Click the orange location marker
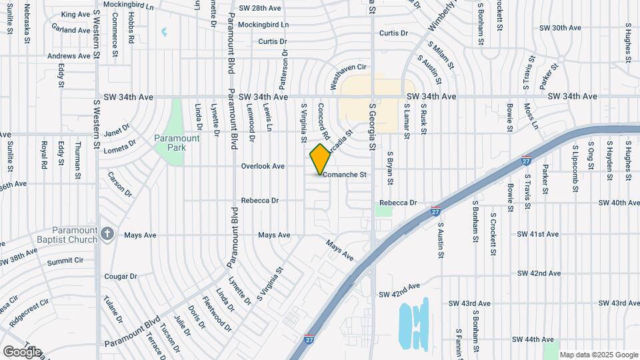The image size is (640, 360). coord(320,159)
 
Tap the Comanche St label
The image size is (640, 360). coord(345,175)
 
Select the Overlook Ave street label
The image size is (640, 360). coord(263,166)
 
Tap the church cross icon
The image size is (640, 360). coord(110,235)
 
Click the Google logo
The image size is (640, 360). coord(21,352)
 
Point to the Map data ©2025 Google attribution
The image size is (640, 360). coord(598,355)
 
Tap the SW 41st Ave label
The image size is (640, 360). coord(538,235)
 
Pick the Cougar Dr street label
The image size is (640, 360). coord(120,276)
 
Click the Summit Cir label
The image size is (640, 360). coord(65,260)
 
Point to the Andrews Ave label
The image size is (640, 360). coord(69,56)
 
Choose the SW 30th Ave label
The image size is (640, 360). coord(559,28)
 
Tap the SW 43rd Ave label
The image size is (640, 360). coord(470,304)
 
